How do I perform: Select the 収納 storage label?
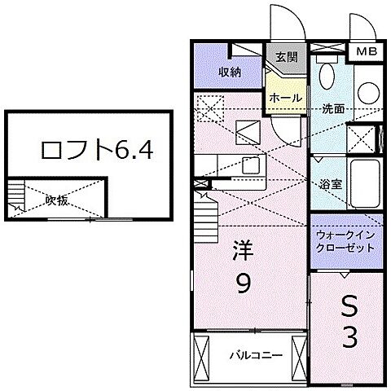pyautogui.click(x=230, y=72)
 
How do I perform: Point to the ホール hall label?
pyautogui.click(x=286, y=98)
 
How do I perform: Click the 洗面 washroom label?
pyautogui.click(x=332, y=108)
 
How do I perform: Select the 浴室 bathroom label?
pyautogui.click(x=330, y=183)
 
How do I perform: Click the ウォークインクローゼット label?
pyautogui.click(x=344, y=241)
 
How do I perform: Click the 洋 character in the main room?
pyautogui.click(x=244, y=248)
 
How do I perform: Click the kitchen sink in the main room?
pyautogui.click(x=250, y=167)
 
